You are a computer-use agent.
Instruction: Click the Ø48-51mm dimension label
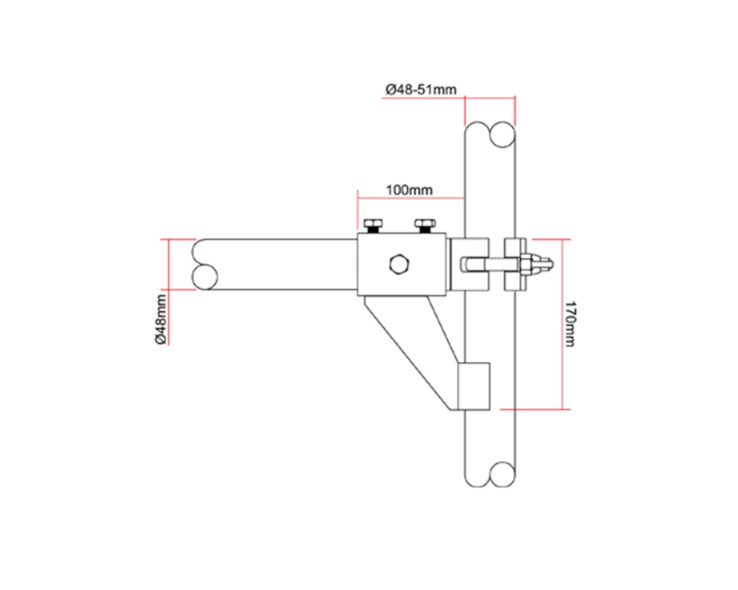coord(421,89)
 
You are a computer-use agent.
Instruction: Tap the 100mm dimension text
coord(409,190)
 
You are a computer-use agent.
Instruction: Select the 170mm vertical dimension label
coord(569,324)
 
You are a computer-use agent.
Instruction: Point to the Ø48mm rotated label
coord(160,320)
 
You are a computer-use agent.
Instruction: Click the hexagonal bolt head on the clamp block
coord(400,264)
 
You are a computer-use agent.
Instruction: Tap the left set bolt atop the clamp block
coord(373,226)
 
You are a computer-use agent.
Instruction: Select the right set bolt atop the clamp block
coord(425,226)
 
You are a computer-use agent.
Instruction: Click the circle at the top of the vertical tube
coord(503,135)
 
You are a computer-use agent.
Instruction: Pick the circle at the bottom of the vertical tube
coord(503,474)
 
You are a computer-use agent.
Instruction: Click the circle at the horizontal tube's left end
coord(205,277)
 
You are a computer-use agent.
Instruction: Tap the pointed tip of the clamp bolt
coord(553,264)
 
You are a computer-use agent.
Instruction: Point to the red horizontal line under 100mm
coord(411,198)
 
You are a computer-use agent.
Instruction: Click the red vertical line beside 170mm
coord(562,324)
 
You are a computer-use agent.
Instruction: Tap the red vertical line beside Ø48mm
coord(169,292)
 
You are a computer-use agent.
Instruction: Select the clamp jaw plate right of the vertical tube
coord(515,264)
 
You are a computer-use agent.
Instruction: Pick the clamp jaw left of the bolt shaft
coord(469,264)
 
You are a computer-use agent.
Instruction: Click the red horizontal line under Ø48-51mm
coord(449,98)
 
